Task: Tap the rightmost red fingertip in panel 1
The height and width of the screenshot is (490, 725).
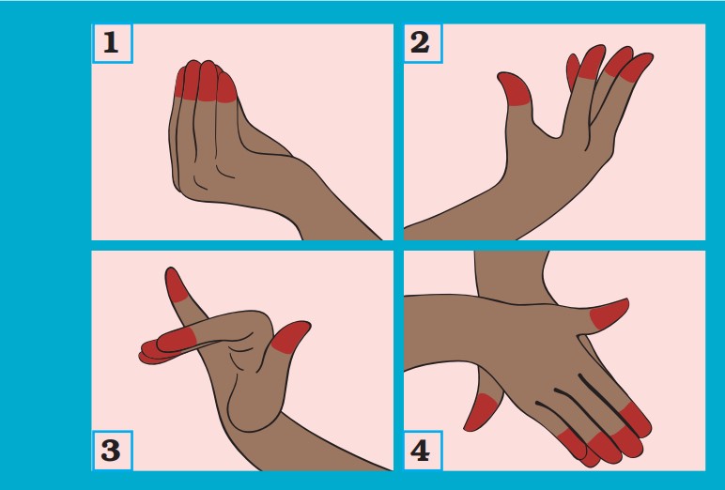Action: point(225,88)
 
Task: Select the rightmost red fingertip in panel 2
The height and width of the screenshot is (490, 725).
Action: point(637,68)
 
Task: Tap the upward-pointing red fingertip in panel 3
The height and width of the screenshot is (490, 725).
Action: point(175,284)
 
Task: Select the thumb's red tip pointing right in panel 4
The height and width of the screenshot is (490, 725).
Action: point(610,314)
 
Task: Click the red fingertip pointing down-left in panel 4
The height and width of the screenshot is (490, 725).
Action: point(480,413)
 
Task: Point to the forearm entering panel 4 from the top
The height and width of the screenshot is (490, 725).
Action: point(511,276)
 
